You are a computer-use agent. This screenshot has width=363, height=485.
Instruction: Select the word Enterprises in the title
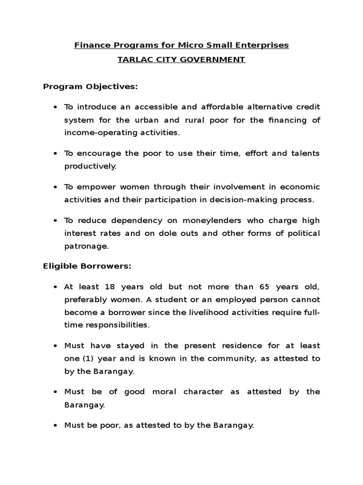click(265, 45)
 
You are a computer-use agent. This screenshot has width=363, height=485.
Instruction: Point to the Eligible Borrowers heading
click(87, 267)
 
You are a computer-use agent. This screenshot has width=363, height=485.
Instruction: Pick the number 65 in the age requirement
click(265, 287)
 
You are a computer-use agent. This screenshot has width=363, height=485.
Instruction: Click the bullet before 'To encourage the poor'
click(55, 154)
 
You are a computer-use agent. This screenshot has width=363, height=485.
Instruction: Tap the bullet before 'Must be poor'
click(55, 426)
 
